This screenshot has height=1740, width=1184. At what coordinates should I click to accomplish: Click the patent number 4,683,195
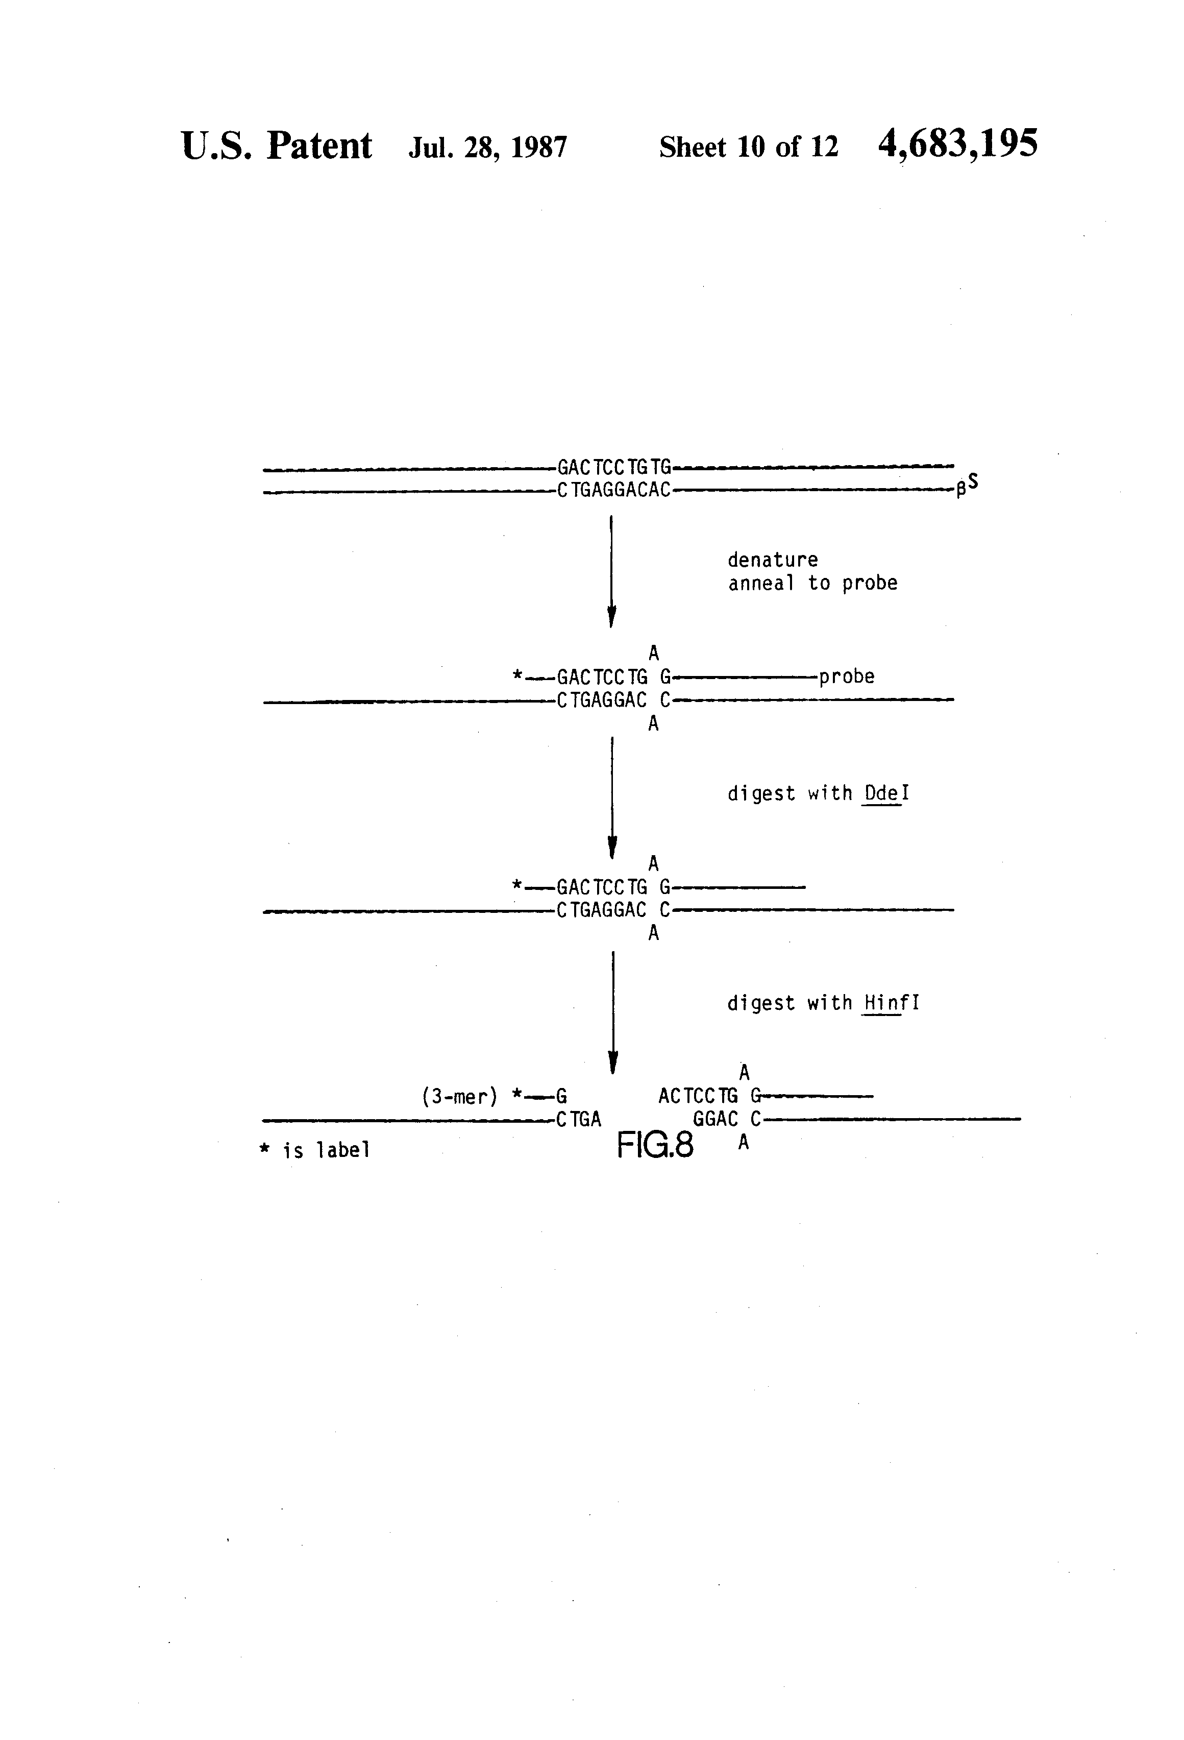pos(957,144)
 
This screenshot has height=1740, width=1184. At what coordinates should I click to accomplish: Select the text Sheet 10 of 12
pos(748,147)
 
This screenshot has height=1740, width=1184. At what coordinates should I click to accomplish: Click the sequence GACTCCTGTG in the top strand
pos(614,468)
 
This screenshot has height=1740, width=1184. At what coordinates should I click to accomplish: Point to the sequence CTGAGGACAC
pos(614,491)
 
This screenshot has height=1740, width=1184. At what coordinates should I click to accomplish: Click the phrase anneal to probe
pos(813,583)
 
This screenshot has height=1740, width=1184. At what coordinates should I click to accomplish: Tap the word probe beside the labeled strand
pos(847,677)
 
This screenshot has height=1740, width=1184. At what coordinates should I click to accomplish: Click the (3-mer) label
pos(459,1098)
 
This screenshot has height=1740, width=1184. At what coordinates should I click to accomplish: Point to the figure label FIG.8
pos(655,1146)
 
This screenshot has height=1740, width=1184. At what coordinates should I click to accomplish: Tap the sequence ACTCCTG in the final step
pos(698,1097)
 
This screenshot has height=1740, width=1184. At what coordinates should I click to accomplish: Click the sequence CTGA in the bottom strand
pos(579,1120)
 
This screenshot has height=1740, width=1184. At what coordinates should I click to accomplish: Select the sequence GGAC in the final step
pos(716,1120)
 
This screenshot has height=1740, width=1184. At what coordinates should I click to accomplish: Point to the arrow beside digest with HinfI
pos(613,1013)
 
